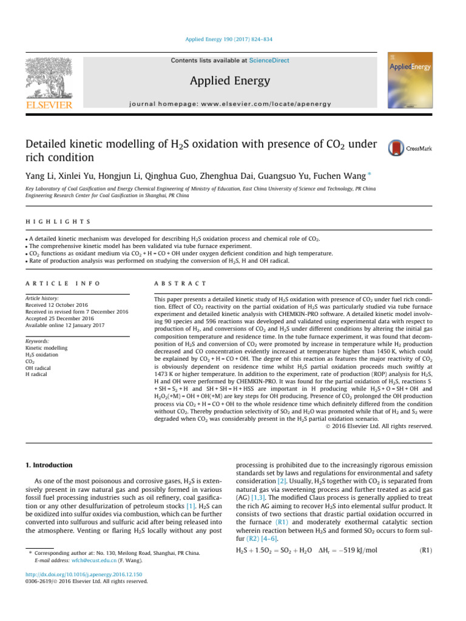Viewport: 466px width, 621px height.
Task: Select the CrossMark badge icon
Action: pos(396,148)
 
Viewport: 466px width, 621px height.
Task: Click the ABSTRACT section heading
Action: pos(181,267)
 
